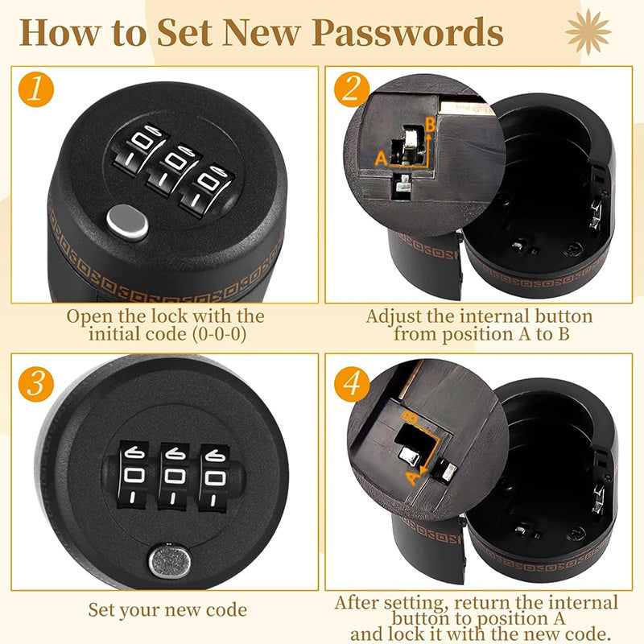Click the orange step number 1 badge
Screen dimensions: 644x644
[36, 89]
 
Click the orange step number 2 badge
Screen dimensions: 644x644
[352, 89]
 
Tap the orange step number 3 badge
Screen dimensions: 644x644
[36, 384]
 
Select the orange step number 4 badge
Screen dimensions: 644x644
[352, 384]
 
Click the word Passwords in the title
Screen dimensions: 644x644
[408, 33]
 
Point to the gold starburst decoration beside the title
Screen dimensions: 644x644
[588, 32]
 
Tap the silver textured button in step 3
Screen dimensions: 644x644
[170, 560]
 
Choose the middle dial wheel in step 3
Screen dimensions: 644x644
[174, 477]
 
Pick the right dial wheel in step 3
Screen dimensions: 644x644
[214, 478]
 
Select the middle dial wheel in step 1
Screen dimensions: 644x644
[174, 168]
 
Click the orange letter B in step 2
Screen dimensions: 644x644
[430, 125]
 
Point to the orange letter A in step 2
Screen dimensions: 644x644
[382, 158]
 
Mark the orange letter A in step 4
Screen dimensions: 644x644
[413, 477]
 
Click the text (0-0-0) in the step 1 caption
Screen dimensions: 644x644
[219, 333]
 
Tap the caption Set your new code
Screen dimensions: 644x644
[167, 609]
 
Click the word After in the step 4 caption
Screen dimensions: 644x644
[357, 602]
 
